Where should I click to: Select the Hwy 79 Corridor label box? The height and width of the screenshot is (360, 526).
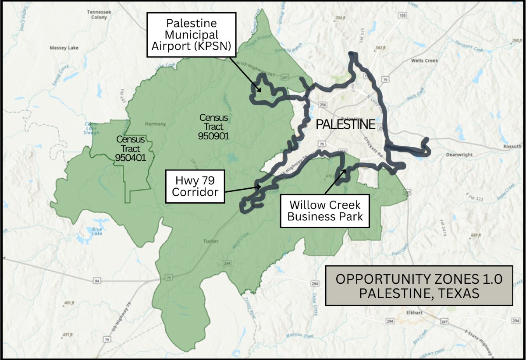(x=195, y=187)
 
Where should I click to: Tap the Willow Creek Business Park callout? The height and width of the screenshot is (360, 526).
(x=324, y=211)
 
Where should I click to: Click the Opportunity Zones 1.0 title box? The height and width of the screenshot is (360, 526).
(x=419, y=286)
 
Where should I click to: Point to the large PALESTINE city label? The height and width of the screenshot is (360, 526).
(x=345, y=124)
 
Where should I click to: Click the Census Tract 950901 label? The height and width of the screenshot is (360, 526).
(x=213, y=127)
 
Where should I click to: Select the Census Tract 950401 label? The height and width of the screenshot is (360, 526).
(x=130, y=148)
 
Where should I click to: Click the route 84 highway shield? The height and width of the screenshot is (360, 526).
(x=96, y=280)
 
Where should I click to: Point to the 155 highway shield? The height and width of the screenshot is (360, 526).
(x=402, y=15)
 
